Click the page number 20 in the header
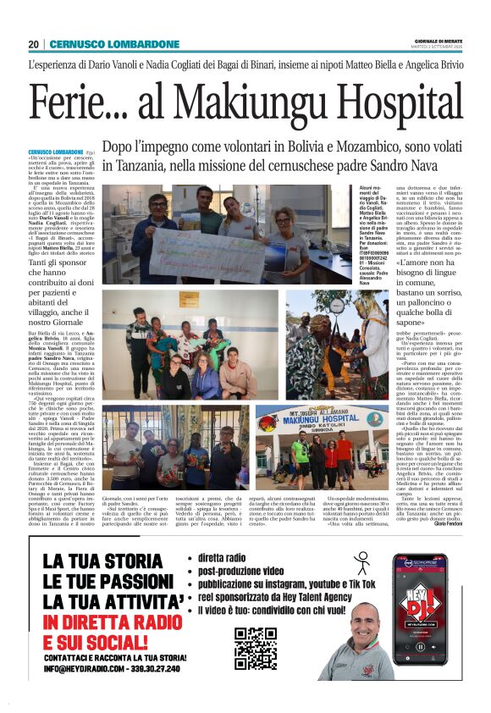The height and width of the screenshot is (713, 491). click(33, 44)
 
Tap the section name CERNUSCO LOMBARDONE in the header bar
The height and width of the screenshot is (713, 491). click(115, 44)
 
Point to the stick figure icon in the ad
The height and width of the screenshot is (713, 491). click(362, 565)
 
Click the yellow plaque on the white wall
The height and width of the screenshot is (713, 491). click(185, 300)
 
